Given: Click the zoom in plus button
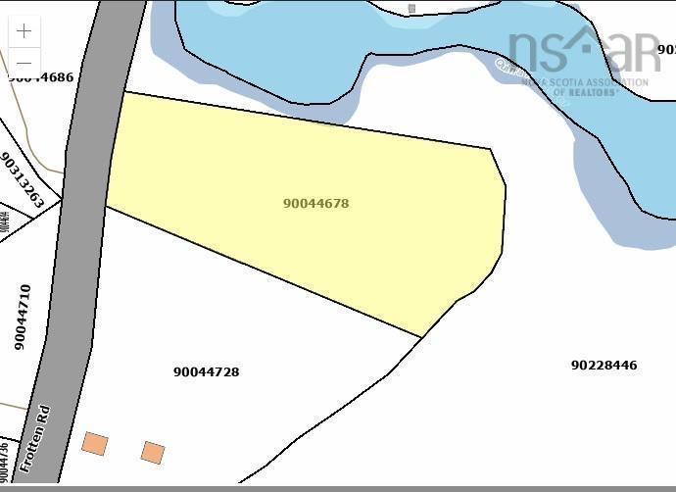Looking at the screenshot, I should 24,31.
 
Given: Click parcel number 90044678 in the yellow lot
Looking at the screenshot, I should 315,204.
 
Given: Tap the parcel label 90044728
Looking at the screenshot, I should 206,372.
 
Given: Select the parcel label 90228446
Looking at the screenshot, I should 604,366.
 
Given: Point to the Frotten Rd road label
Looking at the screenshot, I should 34,439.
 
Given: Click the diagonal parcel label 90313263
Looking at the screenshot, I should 23,180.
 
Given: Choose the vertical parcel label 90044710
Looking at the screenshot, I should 23,318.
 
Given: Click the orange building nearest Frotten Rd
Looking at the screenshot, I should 94,444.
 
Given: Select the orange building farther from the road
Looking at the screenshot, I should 153,452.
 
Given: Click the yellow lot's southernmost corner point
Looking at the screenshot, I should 421,338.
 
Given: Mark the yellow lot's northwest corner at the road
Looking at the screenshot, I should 123,92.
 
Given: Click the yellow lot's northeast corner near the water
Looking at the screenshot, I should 490,149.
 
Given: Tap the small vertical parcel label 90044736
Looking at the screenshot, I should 5,459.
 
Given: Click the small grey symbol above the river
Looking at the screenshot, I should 411,9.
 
